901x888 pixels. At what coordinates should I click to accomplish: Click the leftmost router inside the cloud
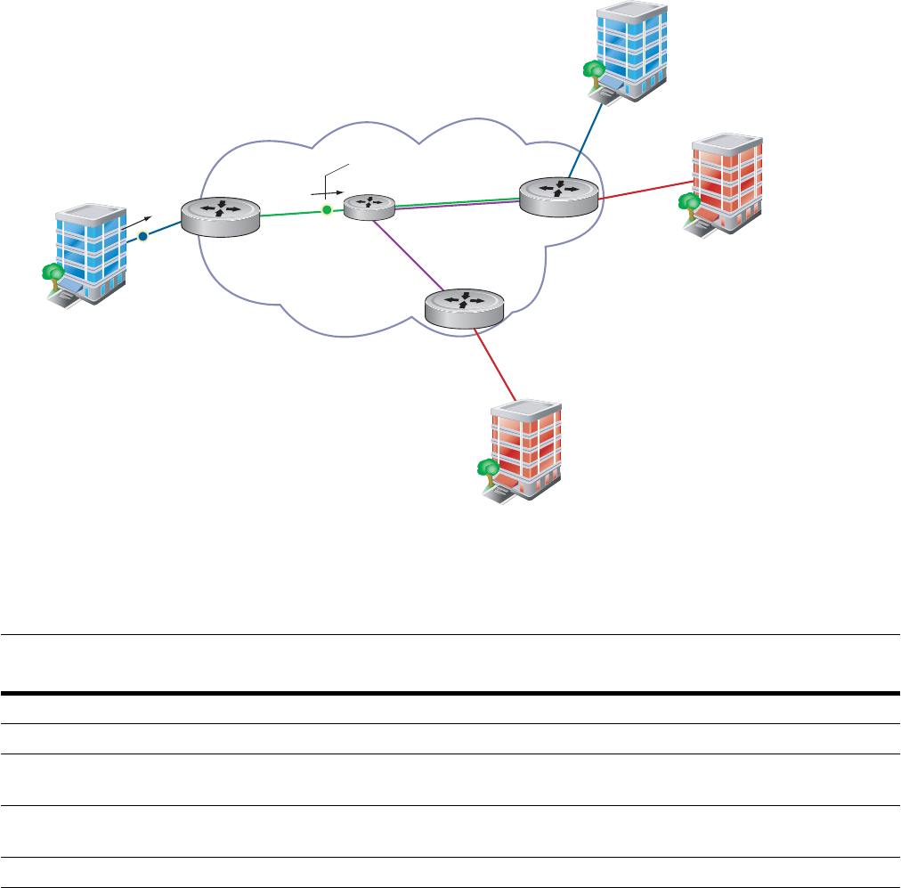220,214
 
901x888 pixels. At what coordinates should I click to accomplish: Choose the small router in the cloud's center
369,207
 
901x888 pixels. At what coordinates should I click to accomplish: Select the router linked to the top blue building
559,194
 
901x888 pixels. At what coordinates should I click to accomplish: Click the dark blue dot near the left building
142,237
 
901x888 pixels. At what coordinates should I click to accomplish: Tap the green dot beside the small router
327,210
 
